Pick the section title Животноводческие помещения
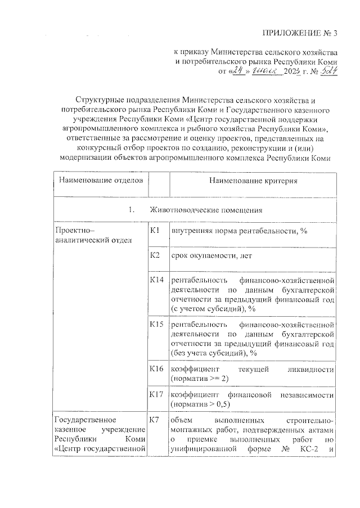(207, 210)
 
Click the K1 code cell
(156, 230)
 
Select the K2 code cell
(156, 256)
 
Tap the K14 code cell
(157, 280)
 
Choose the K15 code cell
(157, 325)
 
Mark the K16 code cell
(157, 368)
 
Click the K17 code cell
(157, 394)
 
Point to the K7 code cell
(156, 420)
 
